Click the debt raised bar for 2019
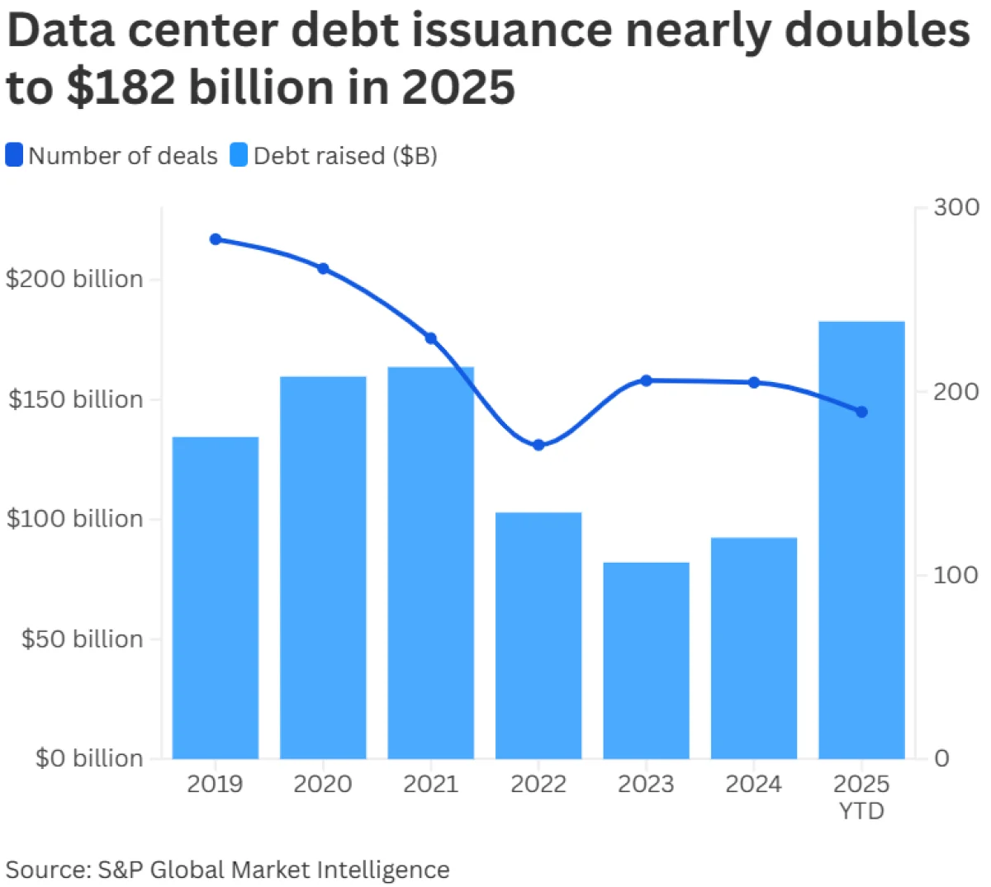pyautogui.click(x=216, y=597)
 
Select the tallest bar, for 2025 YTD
pyautogui.click(x=861, y=540)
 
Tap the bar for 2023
pyautogui.click(x=646, y=660)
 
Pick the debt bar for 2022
pyautogui.click(x=538, y=635)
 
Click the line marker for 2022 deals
pyautogui.click(x=538, y=445)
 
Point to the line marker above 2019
pyautogui.click(x=216, y=239)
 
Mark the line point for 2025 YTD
pyautogui.click(x=861, y=412)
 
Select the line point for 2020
pyautogui.click(x=323, y=268)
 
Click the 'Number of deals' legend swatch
pyautogui.click(x=14, y=155)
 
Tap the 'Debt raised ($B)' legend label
pyautogui.click(x=345, y=155)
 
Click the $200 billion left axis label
pyautogui.click(x=74, y=279)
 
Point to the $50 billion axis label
pyautogui.click(x=82, y=639)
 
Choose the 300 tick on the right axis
pyautogui.click(x=955, y=207)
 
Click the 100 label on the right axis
pyautogui.click(x=955, y=574)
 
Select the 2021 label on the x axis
pyautogui.click(x=430, y=783)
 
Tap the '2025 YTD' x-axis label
pyautogui.click(x=861, y=796)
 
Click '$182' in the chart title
pyautogui.click(x=121, y=87)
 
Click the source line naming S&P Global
pyautogui.click(x=228, y=869)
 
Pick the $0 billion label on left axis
pyautogui.click(x=88, y=758)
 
